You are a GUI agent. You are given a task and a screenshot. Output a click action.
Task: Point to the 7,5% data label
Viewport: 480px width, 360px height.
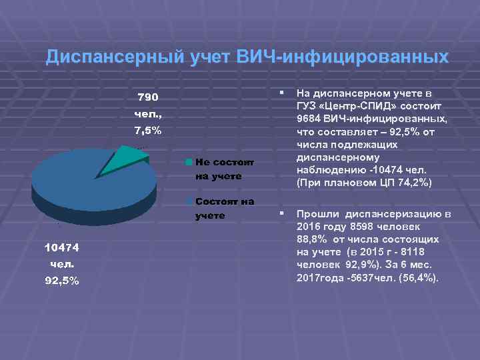[147, 130]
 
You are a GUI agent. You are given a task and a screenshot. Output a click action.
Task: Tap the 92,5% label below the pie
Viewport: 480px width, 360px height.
[61, 280]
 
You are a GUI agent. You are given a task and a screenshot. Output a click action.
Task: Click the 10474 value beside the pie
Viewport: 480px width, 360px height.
[61, 248]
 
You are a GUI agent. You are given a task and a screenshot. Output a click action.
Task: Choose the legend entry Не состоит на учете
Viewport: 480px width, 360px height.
[219, 169]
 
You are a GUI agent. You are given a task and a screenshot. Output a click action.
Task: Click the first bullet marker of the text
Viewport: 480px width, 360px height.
[283, 92]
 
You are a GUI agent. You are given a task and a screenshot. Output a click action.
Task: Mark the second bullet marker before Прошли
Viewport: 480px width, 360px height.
[283, 213]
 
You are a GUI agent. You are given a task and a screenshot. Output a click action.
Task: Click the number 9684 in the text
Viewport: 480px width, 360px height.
[310, 119]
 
